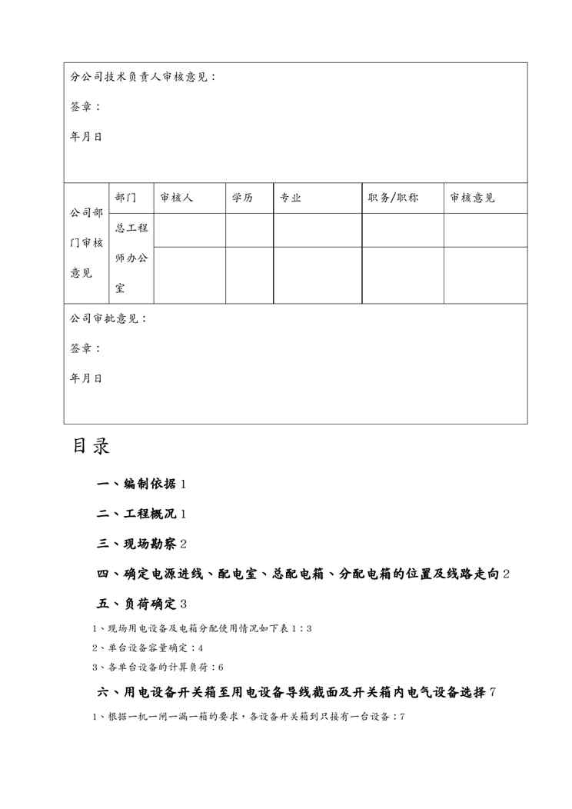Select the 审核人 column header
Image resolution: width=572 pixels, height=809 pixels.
(176, 198)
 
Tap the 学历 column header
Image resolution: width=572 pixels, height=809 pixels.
(242, 198)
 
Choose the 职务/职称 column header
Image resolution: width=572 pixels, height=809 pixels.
(393, 198)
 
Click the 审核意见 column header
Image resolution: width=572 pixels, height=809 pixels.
(473, 198)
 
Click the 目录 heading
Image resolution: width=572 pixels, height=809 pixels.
(91, 447)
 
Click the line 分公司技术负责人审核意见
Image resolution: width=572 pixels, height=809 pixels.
(143, 77)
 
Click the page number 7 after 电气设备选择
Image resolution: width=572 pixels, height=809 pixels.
(492, 692)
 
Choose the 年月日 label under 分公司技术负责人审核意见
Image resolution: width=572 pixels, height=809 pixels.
(86, 137)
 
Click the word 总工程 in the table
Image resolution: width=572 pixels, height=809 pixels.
(131, 228)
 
